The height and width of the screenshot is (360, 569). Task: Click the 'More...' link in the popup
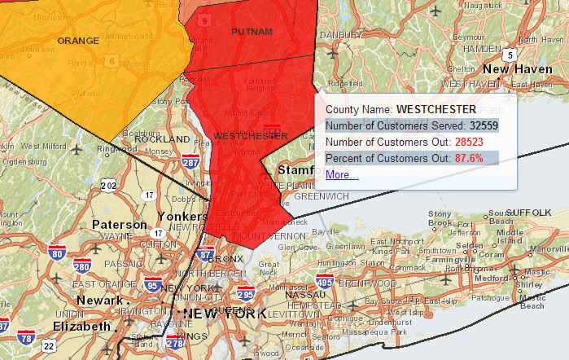pos(341,174)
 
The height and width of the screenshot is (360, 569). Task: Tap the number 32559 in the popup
pos(484,125)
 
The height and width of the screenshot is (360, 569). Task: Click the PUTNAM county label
pos(252,31)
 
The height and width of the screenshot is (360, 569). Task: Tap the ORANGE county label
pos(78,40)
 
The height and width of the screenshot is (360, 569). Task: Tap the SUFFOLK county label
pos(530,212)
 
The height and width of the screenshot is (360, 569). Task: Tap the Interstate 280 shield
pos(81,266)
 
